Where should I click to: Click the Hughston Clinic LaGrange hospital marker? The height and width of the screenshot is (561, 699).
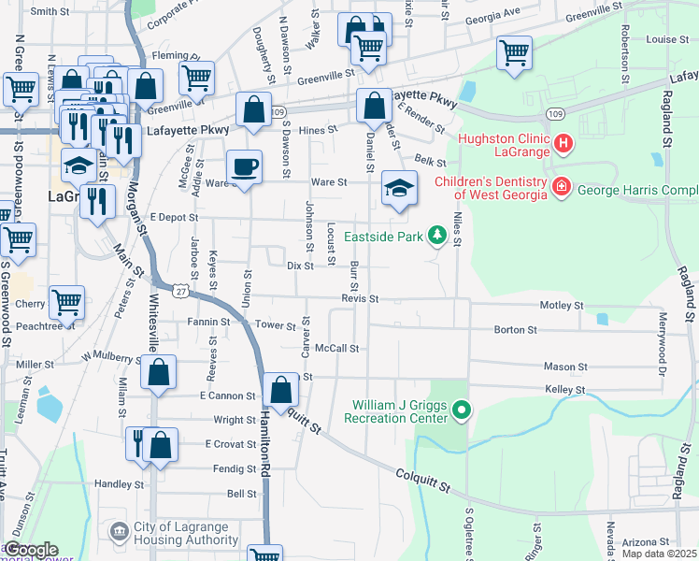[x=563, y=144]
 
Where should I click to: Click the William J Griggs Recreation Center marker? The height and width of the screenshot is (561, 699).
[x=460, y=410]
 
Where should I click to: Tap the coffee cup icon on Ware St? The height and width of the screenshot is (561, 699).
[x=245, y=167]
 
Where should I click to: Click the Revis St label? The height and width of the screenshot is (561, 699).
[x=359, y=299]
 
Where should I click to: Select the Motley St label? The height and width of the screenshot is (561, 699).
[x=564, y=306]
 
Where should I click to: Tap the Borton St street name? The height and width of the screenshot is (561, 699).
[x=516, y=330]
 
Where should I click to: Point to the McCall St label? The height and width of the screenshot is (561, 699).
[x=337, y=348]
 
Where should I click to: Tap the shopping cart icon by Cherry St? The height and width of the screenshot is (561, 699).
[x=66, y=303]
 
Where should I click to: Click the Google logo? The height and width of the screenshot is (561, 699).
[x=31, y=550]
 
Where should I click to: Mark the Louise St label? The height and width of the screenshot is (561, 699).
[x=667, y=39]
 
